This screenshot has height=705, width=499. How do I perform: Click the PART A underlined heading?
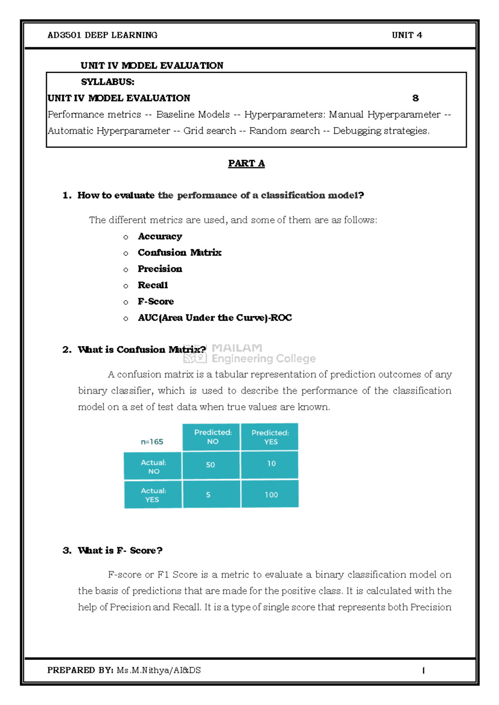click(246, 163)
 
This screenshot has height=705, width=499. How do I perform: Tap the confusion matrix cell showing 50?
click(211, 465)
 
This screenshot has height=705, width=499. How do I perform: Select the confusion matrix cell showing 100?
click(271, 495)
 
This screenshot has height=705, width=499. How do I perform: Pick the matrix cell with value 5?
click(209, 495)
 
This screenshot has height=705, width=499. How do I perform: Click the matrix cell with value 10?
click(271, 463)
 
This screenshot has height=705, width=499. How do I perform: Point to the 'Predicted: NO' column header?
click(212, 437)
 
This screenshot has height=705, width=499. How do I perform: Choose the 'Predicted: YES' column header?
click(270, 437)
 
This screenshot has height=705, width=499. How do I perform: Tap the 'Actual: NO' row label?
click(153, 466)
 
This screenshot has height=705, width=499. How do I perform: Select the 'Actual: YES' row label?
click(153, 495)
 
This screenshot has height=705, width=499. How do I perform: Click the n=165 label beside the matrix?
click(152, 442)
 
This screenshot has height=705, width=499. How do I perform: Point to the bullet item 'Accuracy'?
click(160, 237)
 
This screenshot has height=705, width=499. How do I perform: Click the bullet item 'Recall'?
click(153, 285)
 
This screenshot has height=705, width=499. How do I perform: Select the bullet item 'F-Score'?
click(156, 301)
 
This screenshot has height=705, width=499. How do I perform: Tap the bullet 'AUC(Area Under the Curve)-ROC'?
click(215, 318)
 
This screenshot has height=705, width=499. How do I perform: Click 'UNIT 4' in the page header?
click(407, 35)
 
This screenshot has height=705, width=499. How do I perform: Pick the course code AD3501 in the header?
click(65, 35)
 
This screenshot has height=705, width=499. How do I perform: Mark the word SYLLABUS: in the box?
click(107, 82)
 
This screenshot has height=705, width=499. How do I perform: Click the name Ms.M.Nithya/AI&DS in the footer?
click(158, 670)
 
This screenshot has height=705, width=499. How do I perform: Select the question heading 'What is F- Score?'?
click(120, 550)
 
